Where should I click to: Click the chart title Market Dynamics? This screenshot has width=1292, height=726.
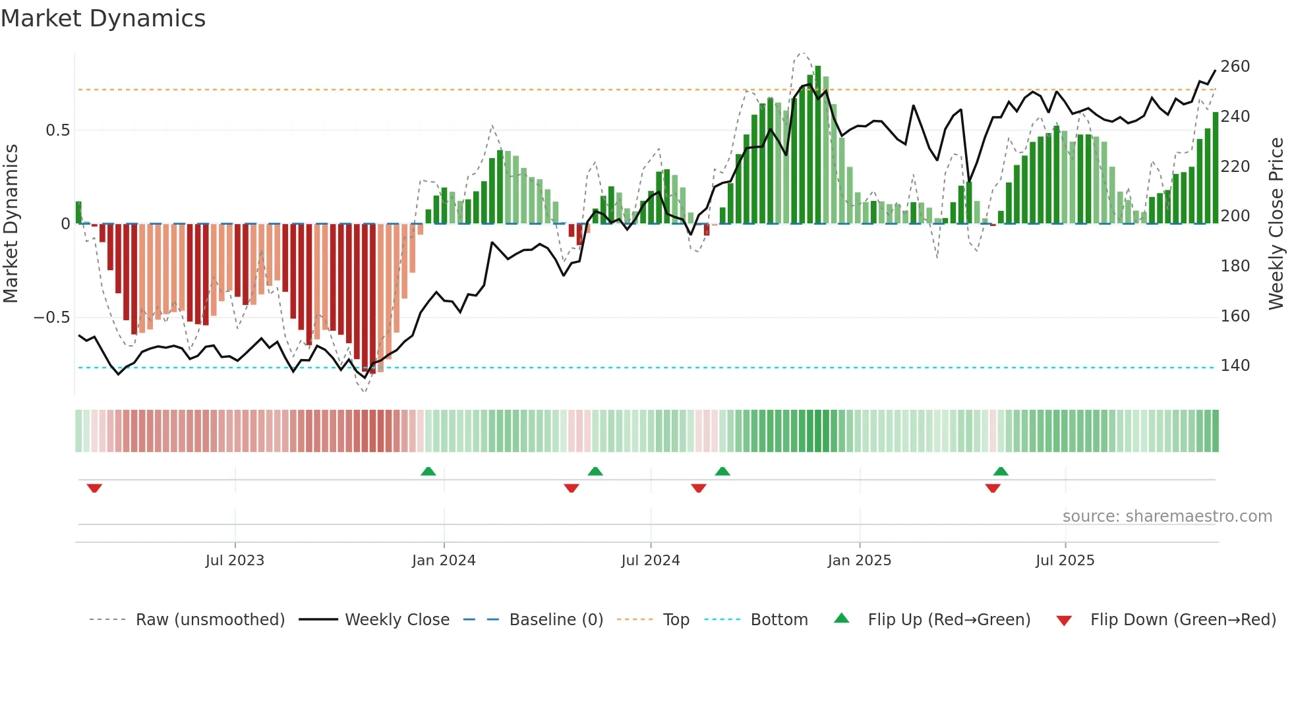[103, 18]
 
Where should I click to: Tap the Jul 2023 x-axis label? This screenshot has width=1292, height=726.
[235, 561]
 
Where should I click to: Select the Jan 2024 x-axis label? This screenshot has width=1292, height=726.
[444, 561]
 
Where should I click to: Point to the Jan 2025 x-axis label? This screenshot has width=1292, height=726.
[860, 561]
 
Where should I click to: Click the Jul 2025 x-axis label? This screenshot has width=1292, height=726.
[1065, 561]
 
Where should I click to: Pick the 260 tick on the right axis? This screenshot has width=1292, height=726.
[1235, 67]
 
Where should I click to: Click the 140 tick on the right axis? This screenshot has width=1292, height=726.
[1235, 366]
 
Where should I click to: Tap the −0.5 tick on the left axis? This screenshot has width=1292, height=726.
[52, 318]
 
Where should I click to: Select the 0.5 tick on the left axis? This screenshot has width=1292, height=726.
[57, 130]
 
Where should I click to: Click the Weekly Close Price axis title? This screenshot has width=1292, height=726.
[1276, 224]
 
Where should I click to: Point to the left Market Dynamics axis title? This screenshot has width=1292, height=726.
[11, 224]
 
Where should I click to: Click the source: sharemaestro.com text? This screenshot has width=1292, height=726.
[1167, 517]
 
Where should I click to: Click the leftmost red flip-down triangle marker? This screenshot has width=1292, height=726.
[94, 488]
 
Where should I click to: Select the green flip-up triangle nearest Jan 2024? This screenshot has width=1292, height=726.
[428, 471]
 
